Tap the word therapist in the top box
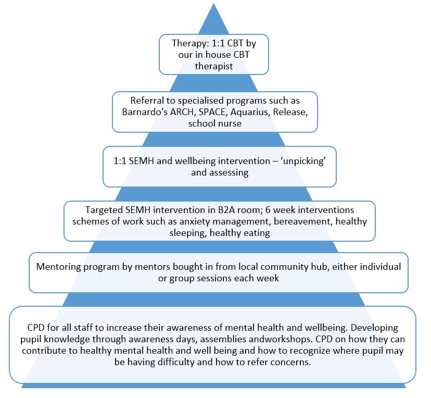pos(213,66)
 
